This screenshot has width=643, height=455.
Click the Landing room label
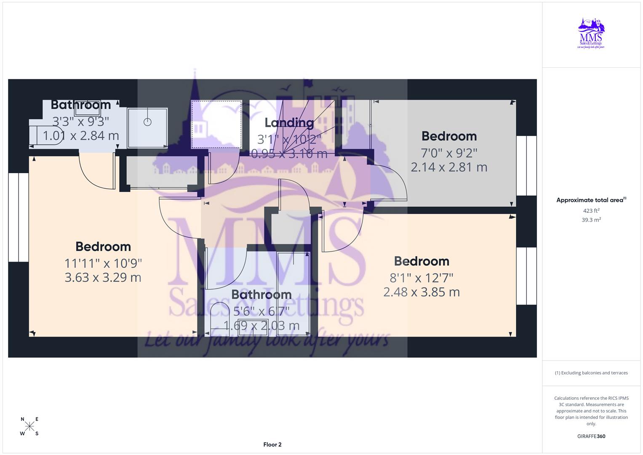[289, 123]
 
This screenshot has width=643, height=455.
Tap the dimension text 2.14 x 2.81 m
[449, 167]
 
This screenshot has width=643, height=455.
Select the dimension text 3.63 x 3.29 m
[103, 278]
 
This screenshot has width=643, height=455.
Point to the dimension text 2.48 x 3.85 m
[422, 292]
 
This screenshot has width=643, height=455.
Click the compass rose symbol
[29, 426]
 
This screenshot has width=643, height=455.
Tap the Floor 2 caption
[272, 444]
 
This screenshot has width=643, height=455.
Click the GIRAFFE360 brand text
[591, 436]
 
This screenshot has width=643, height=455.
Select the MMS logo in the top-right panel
[591, 33]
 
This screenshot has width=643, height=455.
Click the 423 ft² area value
[591, 211]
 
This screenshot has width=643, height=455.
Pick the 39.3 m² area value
[591, 220]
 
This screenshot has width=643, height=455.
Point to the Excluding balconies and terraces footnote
[591, 373]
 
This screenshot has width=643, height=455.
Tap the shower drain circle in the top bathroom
[147, 122]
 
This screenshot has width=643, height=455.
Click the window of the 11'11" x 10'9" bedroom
[19, 217]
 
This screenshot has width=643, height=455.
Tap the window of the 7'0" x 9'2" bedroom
[526, 166]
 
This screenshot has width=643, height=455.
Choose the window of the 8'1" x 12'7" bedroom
[526, 276]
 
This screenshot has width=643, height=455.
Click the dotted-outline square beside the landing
[216, 124]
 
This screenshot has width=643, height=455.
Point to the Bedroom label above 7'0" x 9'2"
[449, 136]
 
